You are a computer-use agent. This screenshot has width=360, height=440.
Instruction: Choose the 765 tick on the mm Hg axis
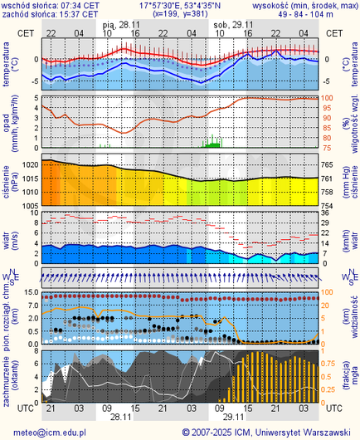(x=328, y=165)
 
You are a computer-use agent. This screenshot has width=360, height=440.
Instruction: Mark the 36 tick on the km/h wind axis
(x=326, y=213)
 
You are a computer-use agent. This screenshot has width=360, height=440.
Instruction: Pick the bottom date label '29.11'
(x=233, y=417)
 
